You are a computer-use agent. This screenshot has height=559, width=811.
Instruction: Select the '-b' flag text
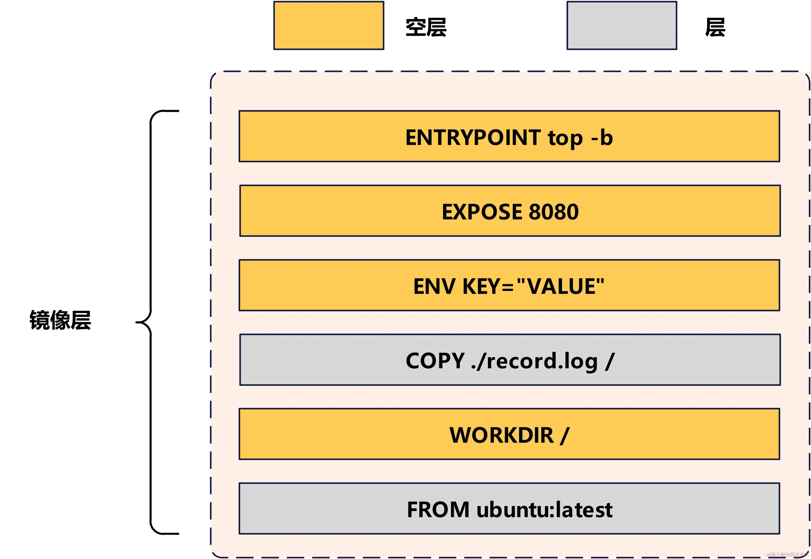point(602,137)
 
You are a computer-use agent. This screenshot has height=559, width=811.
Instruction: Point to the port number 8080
point(554,212)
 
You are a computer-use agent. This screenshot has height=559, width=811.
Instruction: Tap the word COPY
point(435,361)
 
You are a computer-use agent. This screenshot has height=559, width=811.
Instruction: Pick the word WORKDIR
point(502,435)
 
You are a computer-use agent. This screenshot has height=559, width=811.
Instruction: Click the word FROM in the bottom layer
point(438,510)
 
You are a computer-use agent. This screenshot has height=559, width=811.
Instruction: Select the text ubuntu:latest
point(544,510)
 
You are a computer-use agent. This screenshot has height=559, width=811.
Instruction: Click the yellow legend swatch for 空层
point(329,25)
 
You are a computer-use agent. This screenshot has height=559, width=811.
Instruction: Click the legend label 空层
point(426,27)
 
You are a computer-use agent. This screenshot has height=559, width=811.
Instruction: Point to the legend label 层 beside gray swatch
point(715,27)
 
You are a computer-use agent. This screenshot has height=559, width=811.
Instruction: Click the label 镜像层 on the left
point(60,320)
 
